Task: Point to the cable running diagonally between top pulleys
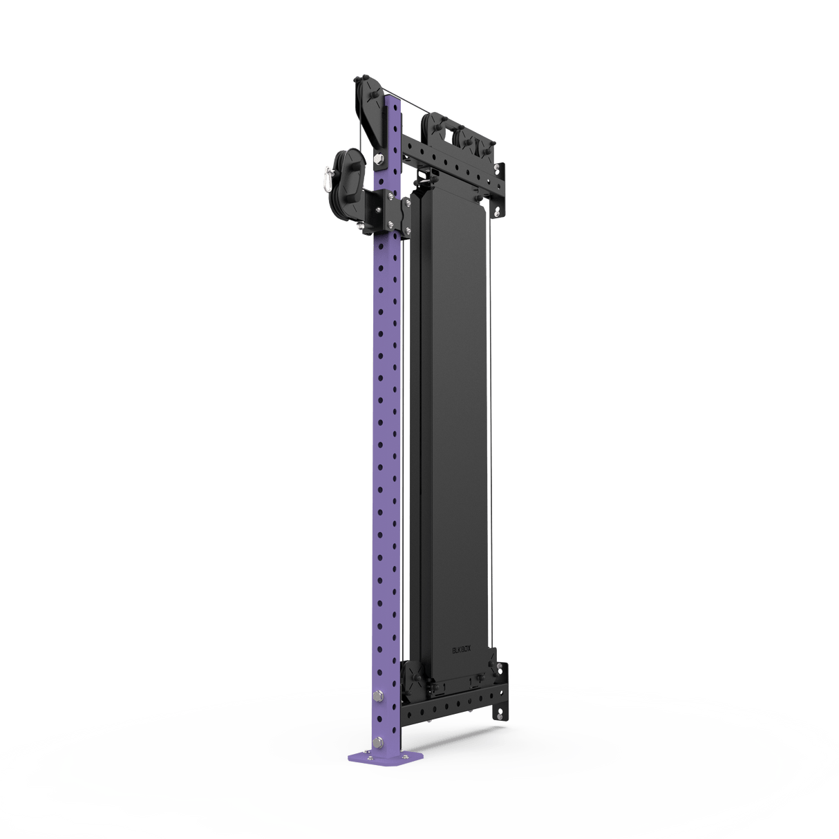(x=408, y=104)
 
